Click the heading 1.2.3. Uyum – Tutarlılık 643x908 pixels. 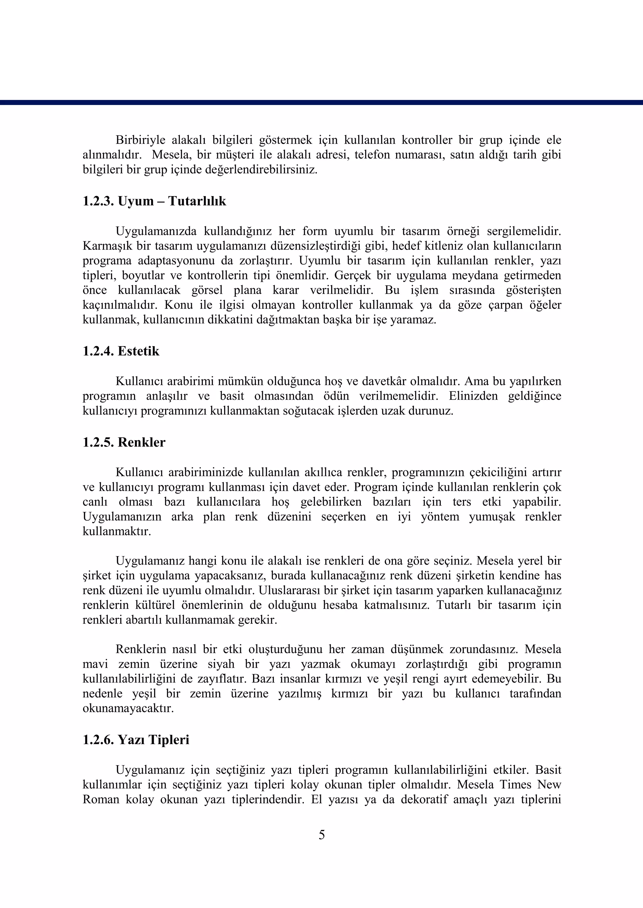tap(154, 201)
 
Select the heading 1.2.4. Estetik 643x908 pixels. tap(121, 351)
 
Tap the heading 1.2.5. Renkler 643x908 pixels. tap(124, 442)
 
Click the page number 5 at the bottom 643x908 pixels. tap(321, 835)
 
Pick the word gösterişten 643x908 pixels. tap(533, 290)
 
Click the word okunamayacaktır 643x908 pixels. tap(128, 708)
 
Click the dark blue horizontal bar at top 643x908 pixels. tap(321, 102)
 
